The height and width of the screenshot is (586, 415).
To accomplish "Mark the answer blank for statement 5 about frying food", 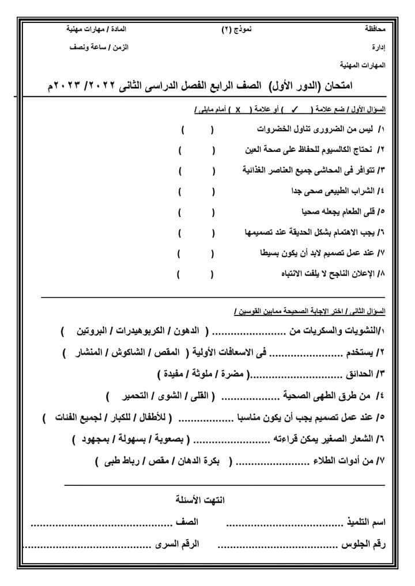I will click(196, 212).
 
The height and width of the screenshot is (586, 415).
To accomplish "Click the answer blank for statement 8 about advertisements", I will click(195, 274).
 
